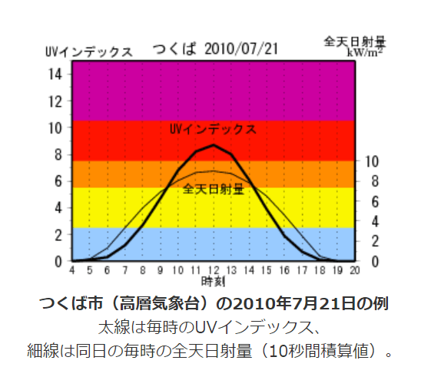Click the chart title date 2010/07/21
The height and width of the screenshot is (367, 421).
(238, 49)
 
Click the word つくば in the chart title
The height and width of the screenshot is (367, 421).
(174, 49)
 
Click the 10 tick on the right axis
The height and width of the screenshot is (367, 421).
(371, 162)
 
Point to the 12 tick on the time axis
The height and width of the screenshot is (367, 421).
(214, 270)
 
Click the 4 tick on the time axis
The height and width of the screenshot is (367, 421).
(72, 270)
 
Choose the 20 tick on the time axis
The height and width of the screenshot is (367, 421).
(354, 270)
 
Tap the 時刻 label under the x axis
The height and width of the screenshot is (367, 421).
(214, 281)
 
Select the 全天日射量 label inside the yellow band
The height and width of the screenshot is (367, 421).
(214, 188)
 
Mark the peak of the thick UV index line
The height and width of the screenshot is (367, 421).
(214, 145)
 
